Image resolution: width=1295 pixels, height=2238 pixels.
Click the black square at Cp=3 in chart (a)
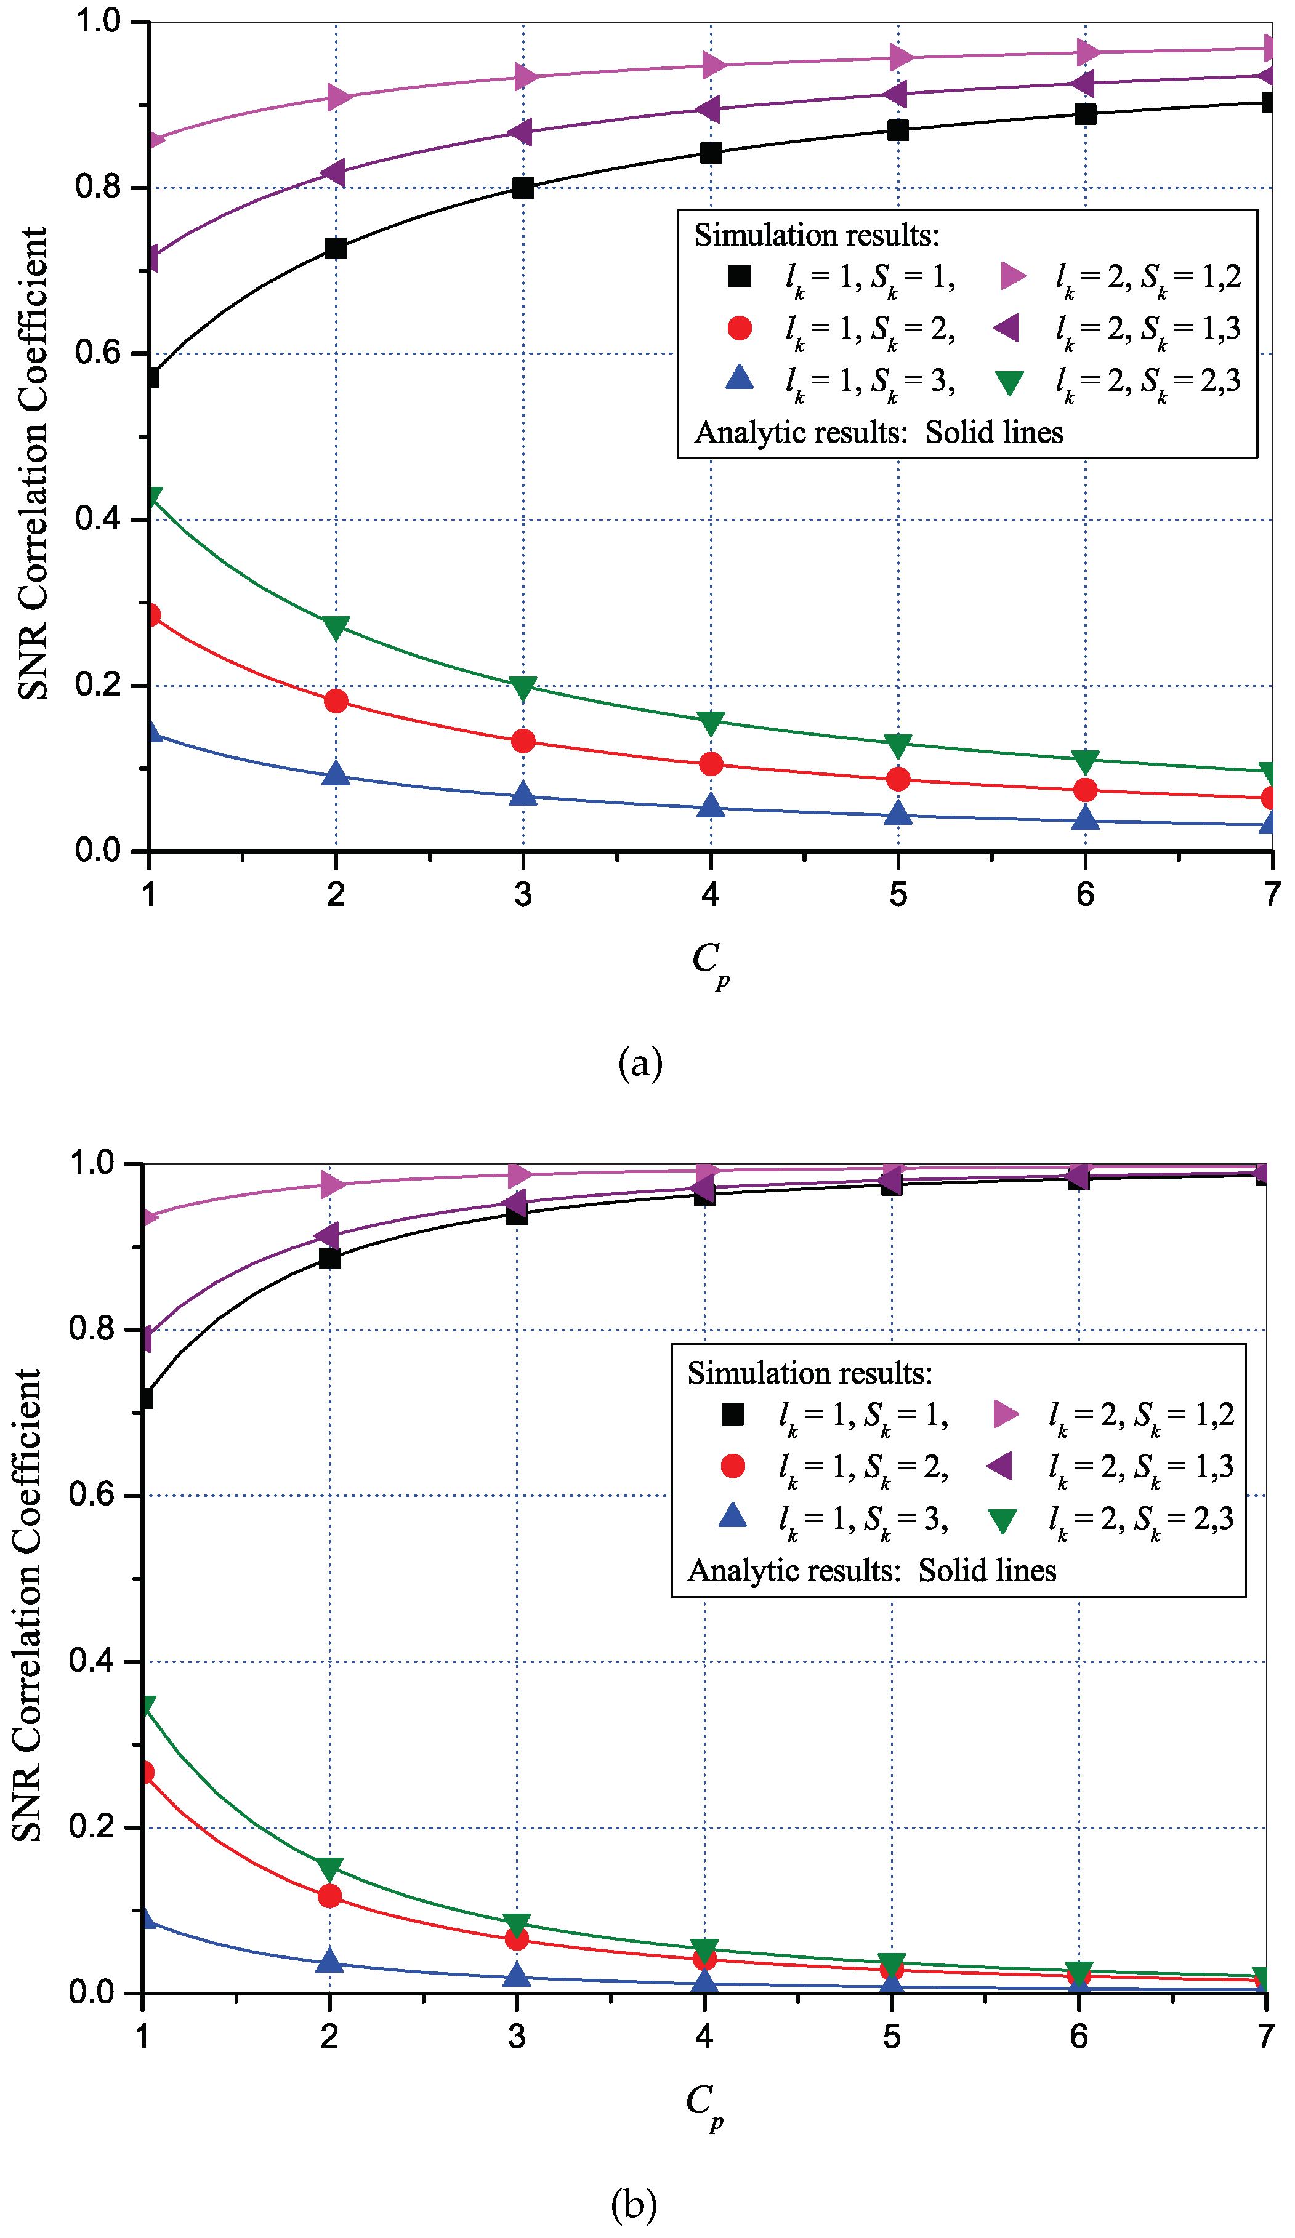[523, 187]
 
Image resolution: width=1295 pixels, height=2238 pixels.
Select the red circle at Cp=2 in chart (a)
[336, 700]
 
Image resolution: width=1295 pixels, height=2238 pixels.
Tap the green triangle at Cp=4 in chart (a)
[711, 722]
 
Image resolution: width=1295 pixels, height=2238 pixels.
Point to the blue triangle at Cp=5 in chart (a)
[898, 812]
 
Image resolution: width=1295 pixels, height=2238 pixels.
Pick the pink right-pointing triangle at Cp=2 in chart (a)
[339, 97]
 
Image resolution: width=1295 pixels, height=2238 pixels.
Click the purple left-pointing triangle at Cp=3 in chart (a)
[520, 132]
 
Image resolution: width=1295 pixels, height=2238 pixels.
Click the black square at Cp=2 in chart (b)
[329, 1259]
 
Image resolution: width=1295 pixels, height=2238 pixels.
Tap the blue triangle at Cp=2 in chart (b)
[329, 1960]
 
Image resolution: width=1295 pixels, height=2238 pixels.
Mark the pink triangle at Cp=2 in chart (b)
[332, 1185]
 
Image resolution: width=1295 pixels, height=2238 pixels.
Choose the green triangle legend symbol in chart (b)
[1003, 1522]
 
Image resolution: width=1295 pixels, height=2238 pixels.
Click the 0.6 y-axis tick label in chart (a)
[98, 353]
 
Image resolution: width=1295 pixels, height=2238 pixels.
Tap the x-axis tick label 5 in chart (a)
[898, 894]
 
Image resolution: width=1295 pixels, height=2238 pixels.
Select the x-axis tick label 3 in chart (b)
[517, 2036]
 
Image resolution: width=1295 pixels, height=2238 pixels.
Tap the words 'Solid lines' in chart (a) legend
[994, 433]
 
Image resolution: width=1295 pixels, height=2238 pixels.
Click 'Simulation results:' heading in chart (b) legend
[810, 1374]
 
